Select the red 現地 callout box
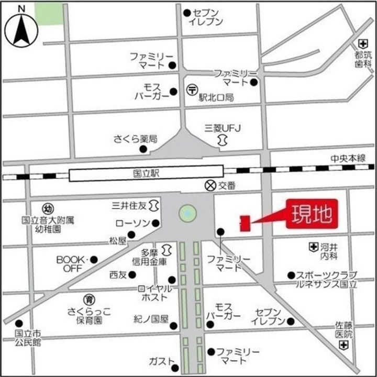coord(311,215)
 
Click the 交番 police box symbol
coord(210,185)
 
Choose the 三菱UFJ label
coord(221,128)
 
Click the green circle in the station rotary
coord(187,213)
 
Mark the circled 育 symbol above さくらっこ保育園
coord(90,300)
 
